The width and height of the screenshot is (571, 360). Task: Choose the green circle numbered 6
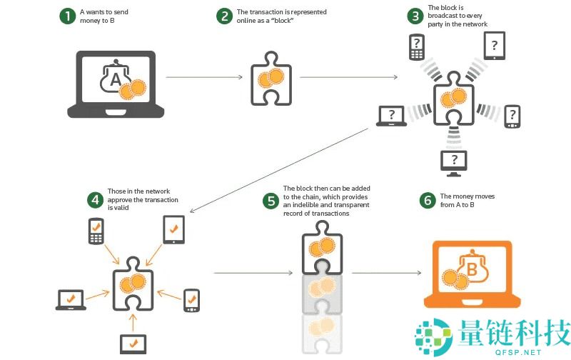(x=428, y=200)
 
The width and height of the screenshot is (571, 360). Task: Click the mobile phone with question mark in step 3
(x=416, y=48)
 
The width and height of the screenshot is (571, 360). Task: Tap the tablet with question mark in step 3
(x=495, y=46)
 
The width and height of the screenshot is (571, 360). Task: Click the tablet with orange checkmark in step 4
(x=173, y=230)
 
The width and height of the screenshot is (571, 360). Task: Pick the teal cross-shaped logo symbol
(x=433, y=335)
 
